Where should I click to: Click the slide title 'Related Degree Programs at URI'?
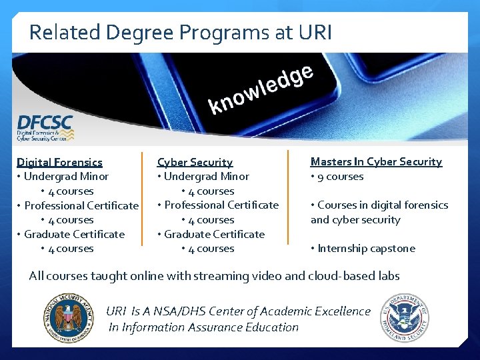(180, 32)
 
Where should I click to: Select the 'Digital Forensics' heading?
(60, 162)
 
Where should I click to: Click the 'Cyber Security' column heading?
(195, 162)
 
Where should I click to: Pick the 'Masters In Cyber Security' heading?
(376, 161)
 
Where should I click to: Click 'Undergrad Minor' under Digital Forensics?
(66, 177)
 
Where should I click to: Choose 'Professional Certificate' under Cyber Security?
(221, 205)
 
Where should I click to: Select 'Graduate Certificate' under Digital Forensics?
(75, 234)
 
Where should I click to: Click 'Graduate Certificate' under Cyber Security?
(215, 234)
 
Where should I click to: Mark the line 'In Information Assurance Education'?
(203, 327)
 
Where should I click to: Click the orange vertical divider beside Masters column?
(288, 200)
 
